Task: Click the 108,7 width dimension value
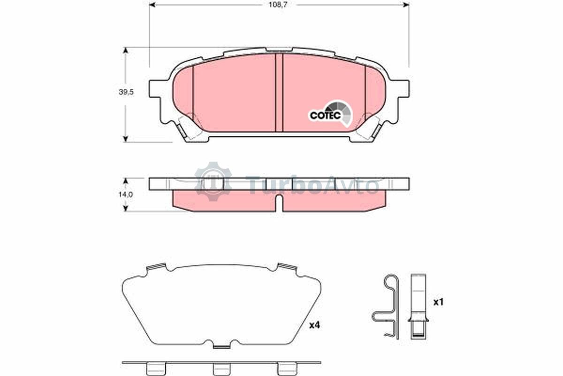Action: [278, 5]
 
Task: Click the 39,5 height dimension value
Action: [126, 92]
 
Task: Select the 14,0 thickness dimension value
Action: [126, 194]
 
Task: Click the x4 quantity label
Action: [314, 325]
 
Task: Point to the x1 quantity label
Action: [439, 302]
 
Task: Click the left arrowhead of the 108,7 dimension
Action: [152, 5]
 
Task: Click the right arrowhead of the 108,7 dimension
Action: [406, 5]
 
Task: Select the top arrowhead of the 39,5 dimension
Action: [126, 50]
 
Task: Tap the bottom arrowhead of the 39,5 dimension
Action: [126, 139]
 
